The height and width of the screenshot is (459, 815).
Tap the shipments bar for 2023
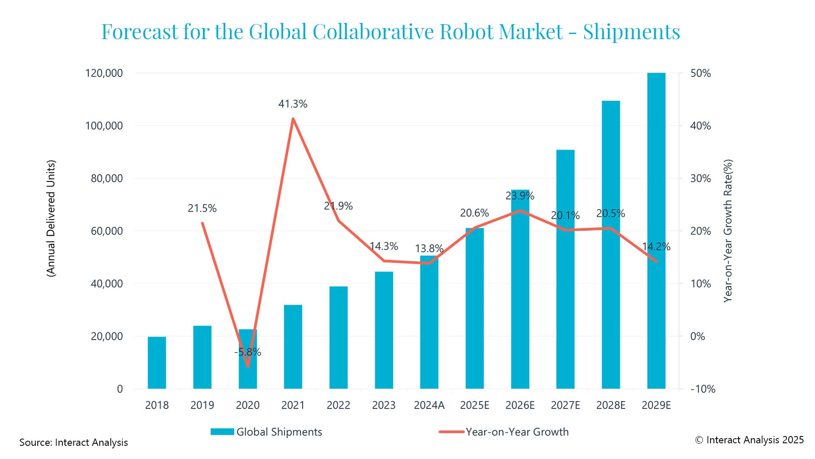384,330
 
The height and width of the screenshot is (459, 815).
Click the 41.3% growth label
292,104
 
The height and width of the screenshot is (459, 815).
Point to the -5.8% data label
247,352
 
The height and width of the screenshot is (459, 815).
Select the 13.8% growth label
429,249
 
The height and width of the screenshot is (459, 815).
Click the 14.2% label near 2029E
656,247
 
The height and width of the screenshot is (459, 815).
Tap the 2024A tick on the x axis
429,405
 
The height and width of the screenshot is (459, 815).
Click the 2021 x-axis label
292,405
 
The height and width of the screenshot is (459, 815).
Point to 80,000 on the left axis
107,178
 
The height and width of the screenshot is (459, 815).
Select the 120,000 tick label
104,73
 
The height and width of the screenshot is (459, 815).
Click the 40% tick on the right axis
700,126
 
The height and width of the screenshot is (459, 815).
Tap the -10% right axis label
703,389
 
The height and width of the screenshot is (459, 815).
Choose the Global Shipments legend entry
267,432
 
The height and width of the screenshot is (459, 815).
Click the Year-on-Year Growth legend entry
504,432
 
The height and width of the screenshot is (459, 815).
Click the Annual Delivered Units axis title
51,218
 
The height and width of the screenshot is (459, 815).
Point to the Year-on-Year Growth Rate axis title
728,231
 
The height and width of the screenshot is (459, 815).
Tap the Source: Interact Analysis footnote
73,442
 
